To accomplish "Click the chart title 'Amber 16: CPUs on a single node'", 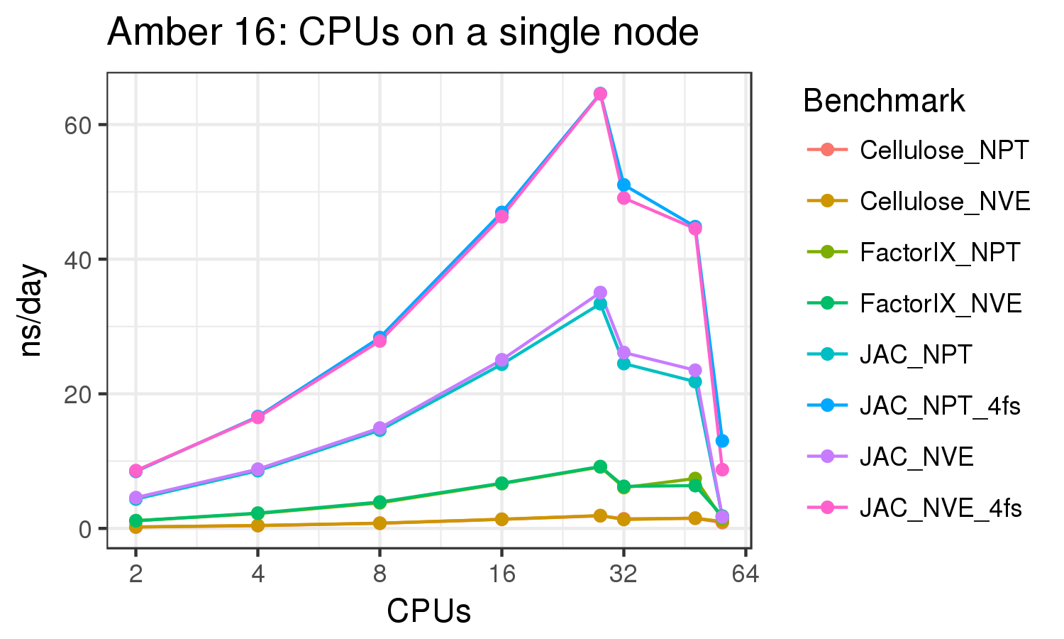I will click(x=402, y=32).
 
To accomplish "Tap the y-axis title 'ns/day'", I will click(x=31, y=311).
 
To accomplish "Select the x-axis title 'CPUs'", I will click(x=428, y=611).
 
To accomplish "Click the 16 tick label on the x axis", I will click(x=501, y=573).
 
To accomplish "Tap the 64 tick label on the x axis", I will click(x=745, y=573).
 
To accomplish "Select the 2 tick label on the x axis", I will click(x=135, y=573).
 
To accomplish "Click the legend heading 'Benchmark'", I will click(x=883, y=102).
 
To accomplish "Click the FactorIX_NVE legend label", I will click(x=941, y=304).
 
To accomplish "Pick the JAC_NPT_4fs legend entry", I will click(x=940, y=406).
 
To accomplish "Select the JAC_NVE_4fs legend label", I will click(x=941, y=508).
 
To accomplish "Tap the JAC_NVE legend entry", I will click(x=916, y=457).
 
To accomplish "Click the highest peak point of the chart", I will click(x=600, y=94).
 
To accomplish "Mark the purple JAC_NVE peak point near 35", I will click(x=600, y=293).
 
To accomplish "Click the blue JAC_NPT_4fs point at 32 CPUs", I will click(x=624, y=185).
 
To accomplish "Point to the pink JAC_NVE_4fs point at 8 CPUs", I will click(x=379, y=341).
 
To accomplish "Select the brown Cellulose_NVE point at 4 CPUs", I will click(x=257, y=525).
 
